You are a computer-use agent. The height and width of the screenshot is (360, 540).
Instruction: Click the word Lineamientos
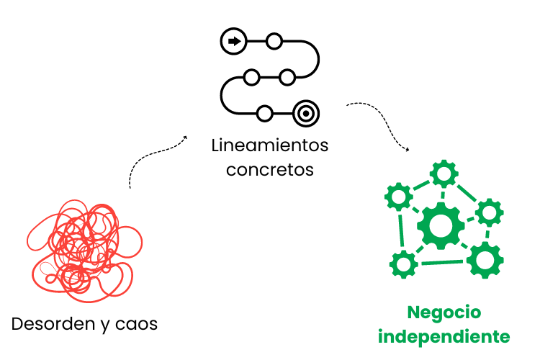[270, 145]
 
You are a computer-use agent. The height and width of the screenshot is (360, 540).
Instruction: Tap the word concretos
[270, 170]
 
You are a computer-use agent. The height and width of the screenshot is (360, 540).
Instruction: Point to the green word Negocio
[444, 312]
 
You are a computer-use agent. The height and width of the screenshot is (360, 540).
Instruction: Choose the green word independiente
[444, 336]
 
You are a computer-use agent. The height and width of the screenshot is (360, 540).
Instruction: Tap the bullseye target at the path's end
[306, 113]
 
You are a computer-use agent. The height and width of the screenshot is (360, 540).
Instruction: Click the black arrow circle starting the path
[233, 41]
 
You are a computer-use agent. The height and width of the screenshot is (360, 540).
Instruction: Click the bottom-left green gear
[403, 264]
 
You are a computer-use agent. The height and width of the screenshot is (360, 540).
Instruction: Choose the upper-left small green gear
[398, 196]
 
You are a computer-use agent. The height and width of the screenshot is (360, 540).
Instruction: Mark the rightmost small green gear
[490, 212]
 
